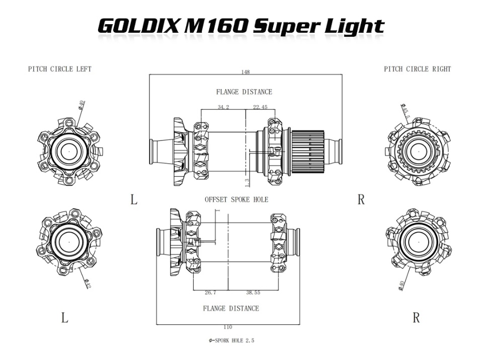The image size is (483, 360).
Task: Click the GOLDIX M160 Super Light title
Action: tap(241, 26)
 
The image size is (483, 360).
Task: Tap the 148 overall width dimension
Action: tap(245, 72)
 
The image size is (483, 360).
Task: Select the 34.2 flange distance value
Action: tap(223, 107)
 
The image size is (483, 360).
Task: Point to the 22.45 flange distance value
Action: tap(260, 107)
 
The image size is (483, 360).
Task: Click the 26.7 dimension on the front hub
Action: tap(211, 292)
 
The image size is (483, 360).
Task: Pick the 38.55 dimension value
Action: tap(253, 292)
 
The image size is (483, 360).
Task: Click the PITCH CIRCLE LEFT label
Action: tap(60, 69)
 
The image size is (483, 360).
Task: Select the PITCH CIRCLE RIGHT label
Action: tap(417, 69)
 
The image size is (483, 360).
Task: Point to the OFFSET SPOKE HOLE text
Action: tap(236, 199)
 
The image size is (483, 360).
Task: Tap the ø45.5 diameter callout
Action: tap(405, 111)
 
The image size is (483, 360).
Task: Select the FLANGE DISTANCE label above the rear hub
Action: tap(244, 92)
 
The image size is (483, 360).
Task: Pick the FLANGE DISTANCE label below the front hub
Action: tap(231, 308)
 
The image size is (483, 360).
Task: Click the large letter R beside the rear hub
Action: tap(361, 199)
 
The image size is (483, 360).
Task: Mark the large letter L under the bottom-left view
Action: tap(64, 318)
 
